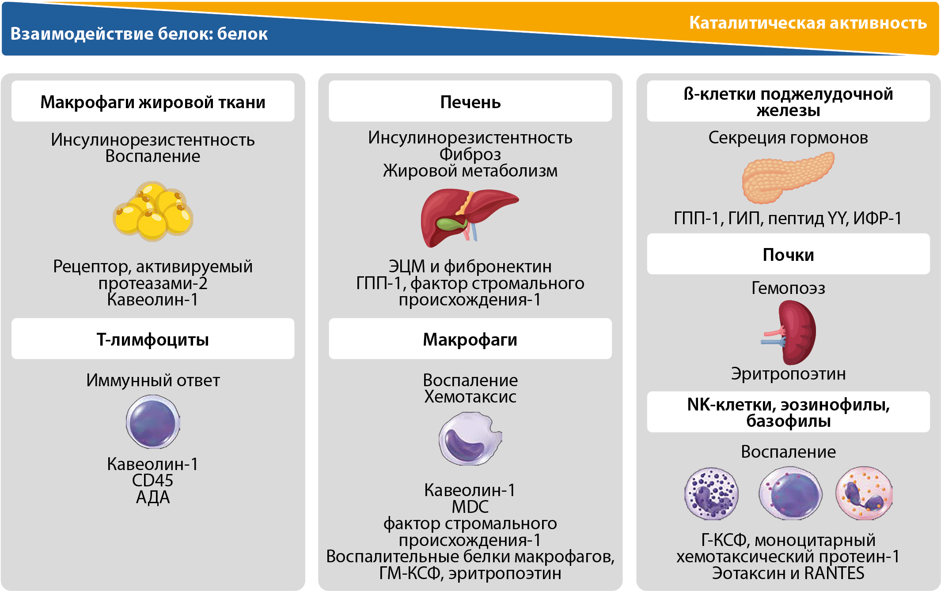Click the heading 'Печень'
pyautogui.click(x=470, y=102)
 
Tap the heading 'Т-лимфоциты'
pyautogui.click(x=153, y=339)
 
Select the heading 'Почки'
pyautogui.click(x=788, y=255)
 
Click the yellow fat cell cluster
pyautogui.click(x=153, y=211)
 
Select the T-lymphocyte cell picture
pyautogui.click(x=153, y=422)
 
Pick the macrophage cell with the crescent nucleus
pyautogui.click(x=469, y=439)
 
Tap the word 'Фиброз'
pyautogui.click(x=470, y=154)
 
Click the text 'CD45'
pyautogui.click(x=153, y=480)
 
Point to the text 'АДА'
pyautogui.click(x=153, y=497)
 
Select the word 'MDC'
pyautogui.click(x=470, y=507)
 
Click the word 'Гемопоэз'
pyautogui.click(x=788, y=288)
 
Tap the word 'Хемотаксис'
pyautogui.click(x=470, y=397)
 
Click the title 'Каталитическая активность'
pyautogui.click(x=808, y=23)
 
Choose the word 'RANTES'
pyautogui.click(x=834, y=573)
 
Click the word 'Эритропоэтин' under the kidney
pyautogui.click(x=788, y=373)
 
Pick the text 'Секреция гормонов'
pyautogui.click(x=788, y=138)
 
